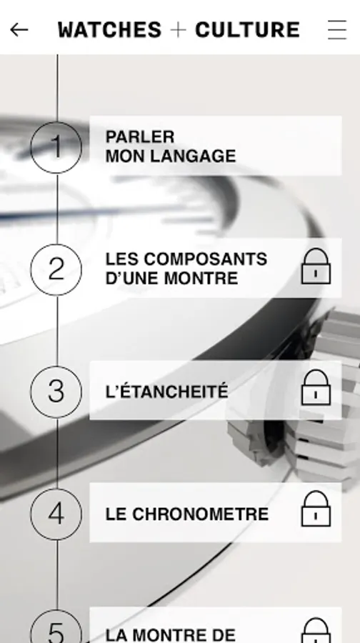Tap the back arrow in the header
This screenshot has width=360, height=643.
(19, 29)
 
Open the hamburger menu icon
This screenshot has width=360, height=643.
(337, 29)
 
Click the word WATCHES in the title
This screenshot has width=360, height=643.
(110, 29)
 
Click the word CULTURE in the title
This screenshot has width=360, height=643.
(248, 29)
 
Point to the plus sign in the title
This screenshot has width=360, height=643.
(179, 29)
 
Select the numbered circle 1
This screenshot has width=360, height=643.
(56, 147)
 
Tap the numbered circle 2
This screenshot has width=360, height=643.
(56, 269)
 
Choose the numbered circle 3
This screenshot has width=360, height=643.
(56, 392)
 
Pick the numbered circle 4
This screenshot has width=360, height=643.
(56, 514)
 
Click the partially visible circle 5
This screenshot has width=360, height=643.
(56, 627)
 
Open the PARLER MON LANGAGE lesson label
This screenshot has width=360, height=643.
(171, 146)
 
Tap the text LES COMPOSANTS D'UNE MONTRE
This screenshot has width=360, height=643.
(186, 269)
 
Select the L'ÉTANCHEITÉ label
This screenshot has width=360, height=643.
(166, 391)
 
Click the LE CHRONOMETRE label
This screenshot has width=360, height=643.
(187, 514)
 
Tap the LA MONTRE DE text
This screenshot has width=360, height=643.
(171, 635)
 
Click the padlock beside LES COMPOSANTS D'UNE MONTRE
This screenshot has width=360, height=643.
(316, 266)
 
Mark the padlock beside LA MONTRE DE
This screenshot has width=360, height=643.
(316, 631)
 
